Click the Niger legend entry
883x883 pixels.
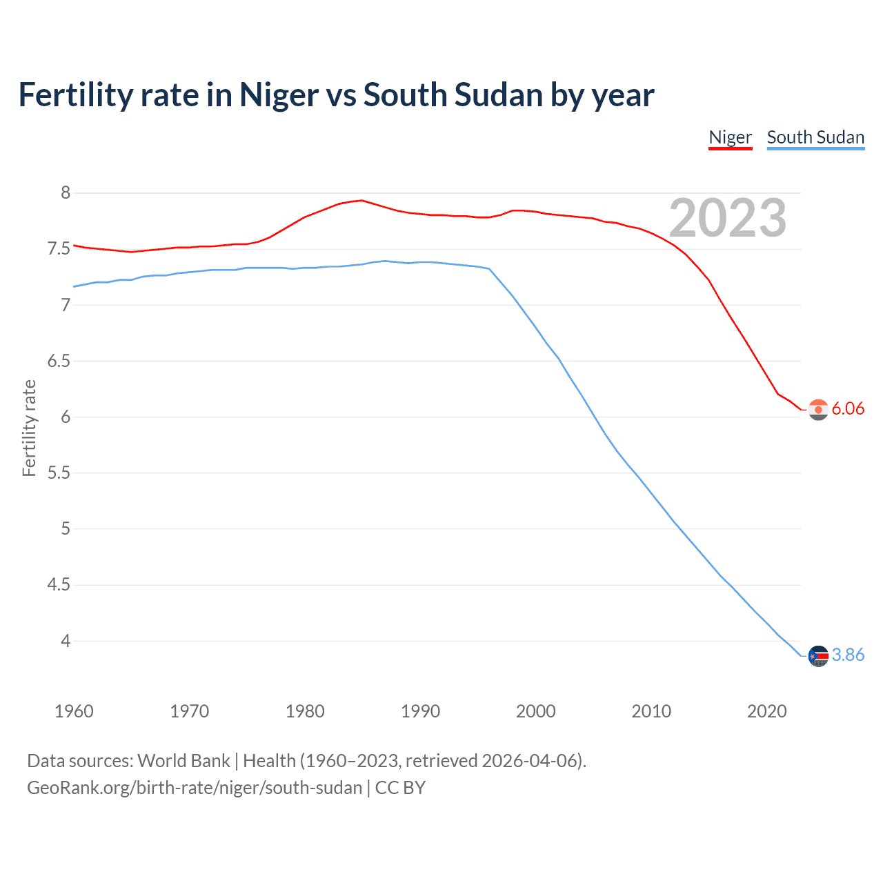tap(730, 137)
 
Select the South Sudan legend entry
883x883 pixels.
tap(815, 137)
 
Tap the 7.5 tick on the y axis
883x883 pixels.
tap(59, 249)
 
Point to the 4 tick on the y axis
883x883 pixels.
tap(66, 642)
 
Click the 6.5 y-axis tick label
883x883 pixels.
tap(59, 361)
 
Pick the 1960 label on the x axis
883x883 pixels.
tap(74, 711)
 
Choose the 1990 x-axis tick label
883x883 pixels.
tap(420, 711)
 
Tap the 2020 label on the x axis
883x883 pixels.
tap(766, 711)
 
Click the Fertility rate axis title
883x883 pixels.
tap(29, 428)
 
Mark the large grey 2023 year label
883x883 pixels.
tap(727, 219)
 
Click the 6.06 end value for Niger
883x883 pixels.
tap(848, 409)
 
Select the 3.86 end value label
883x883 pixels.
tap(848, 655)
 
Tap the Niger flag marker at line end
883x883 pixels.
tap(818, 410)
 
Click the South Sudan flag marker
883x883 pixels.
tap(818, 656)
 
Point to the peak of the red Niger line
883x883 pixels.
tap(361, 200)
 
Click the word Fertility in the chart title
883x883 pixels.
tap(75, 95)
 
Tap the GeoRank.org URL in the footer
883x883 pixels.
tap(194, 788)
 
